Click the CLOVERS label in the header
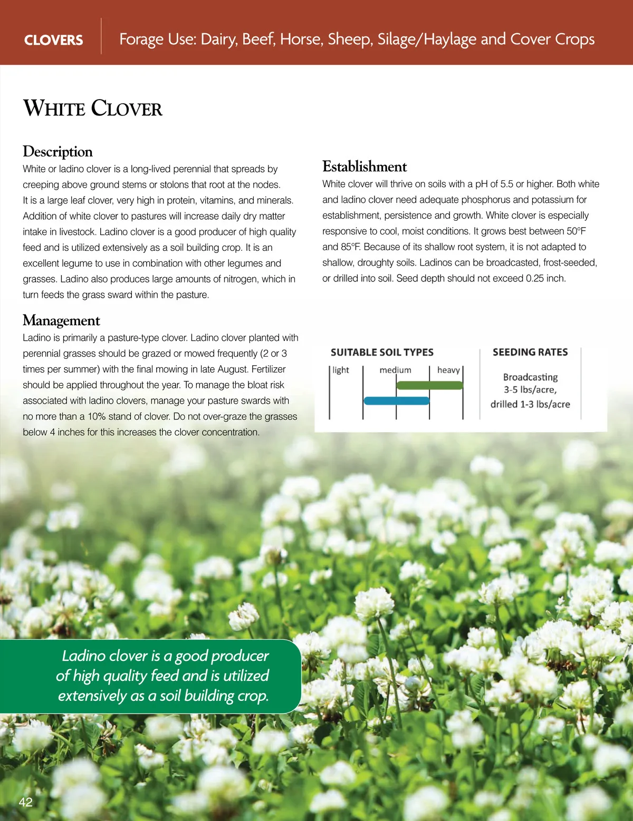click(53, 40)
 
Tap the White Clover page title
click(93, 108)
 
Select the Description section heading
click(57, 152)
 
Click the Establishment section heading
click(365, 167)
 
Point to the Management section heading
click(61, 320)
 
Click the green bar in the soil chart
click(429, 385)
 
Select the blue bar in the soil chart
click(397, 401)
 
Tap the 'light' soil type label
click(341, 370)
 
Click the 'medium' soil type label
click(395, 370)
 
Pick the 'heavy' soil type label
click(448, 370)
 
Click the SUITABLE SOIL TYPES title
click(382, 353)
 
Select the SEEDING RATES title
click(530, 352)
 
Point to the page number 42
click(25, 802)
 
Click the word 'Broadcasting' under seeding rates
click(530, 377)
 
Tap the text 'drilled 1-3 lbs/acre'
click(530, 404)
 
